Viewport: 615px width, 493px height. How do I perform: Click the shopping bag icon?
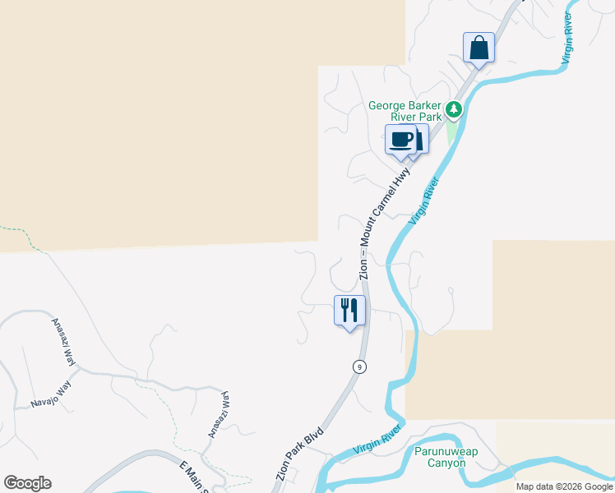[x=479, y=48]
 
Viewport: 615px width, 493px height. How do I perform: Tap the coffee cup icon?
[x=401, y=140]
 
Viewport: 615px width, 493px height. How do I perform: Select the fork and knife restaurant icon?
[x=349, y=311]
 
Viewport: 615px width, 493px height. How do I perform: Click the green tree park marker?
[x=453, y=109]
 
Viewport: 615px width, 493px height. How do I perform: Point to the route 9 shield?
[x=359, y=366]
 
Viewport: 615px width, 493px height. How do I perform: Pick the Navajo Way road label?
[x=51, y=394]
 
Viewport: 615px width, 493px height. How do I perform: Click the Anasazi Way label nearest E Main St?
[x=219, y=415]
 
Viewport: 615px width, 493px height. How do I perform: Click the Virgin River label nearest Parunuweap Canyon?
[x=377, y=440]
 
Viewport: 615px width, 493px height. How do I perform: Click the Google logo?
[x=27, y=483]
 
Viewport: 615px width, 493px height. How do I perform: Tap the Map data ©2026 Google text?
[x=565, y=486]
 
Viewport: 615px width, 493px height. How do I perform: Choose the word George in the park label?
[x=387, y=105]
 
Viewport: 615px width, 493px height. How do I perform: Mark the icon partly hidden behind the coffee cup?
[x=418, y=140]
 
